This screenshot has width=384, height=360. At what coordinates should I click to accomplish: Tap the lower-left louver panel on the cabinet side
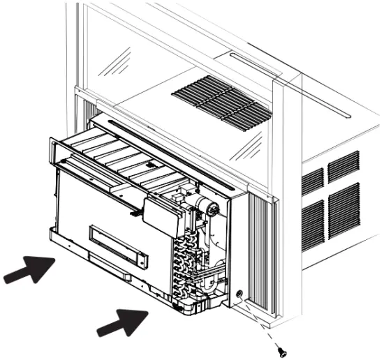click(x=313, y=223)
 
